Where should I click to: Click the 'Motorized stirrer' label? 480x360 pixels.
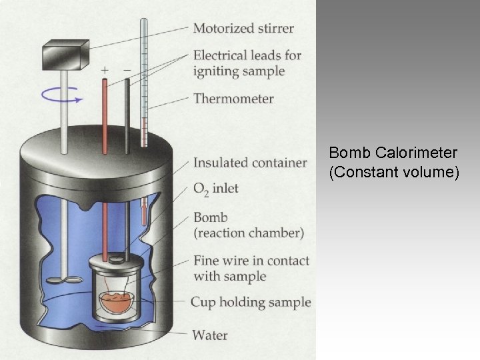243,29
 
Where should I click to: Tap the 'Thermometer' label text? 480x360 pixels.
233,99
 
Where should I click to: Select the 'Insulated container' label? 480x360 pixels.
250,163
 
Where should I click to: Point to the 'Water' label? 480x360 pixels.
210,334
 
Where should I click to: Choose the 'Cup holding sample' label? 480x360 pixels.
251,302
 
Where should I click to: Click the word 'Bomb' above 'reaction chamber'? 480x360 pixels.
210,217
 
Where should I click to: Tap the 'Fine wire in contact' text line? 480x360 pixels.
251,261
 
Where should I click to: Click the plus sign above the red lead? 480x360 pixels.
105,69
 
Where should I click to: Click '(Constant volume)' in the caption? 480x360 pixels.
394,173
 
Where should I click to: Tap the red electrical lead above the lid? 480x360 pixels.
105,113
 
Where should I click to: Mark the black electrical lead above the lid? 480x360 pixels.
126,113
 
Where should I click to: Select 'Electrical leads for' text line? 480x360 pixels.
247,55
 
